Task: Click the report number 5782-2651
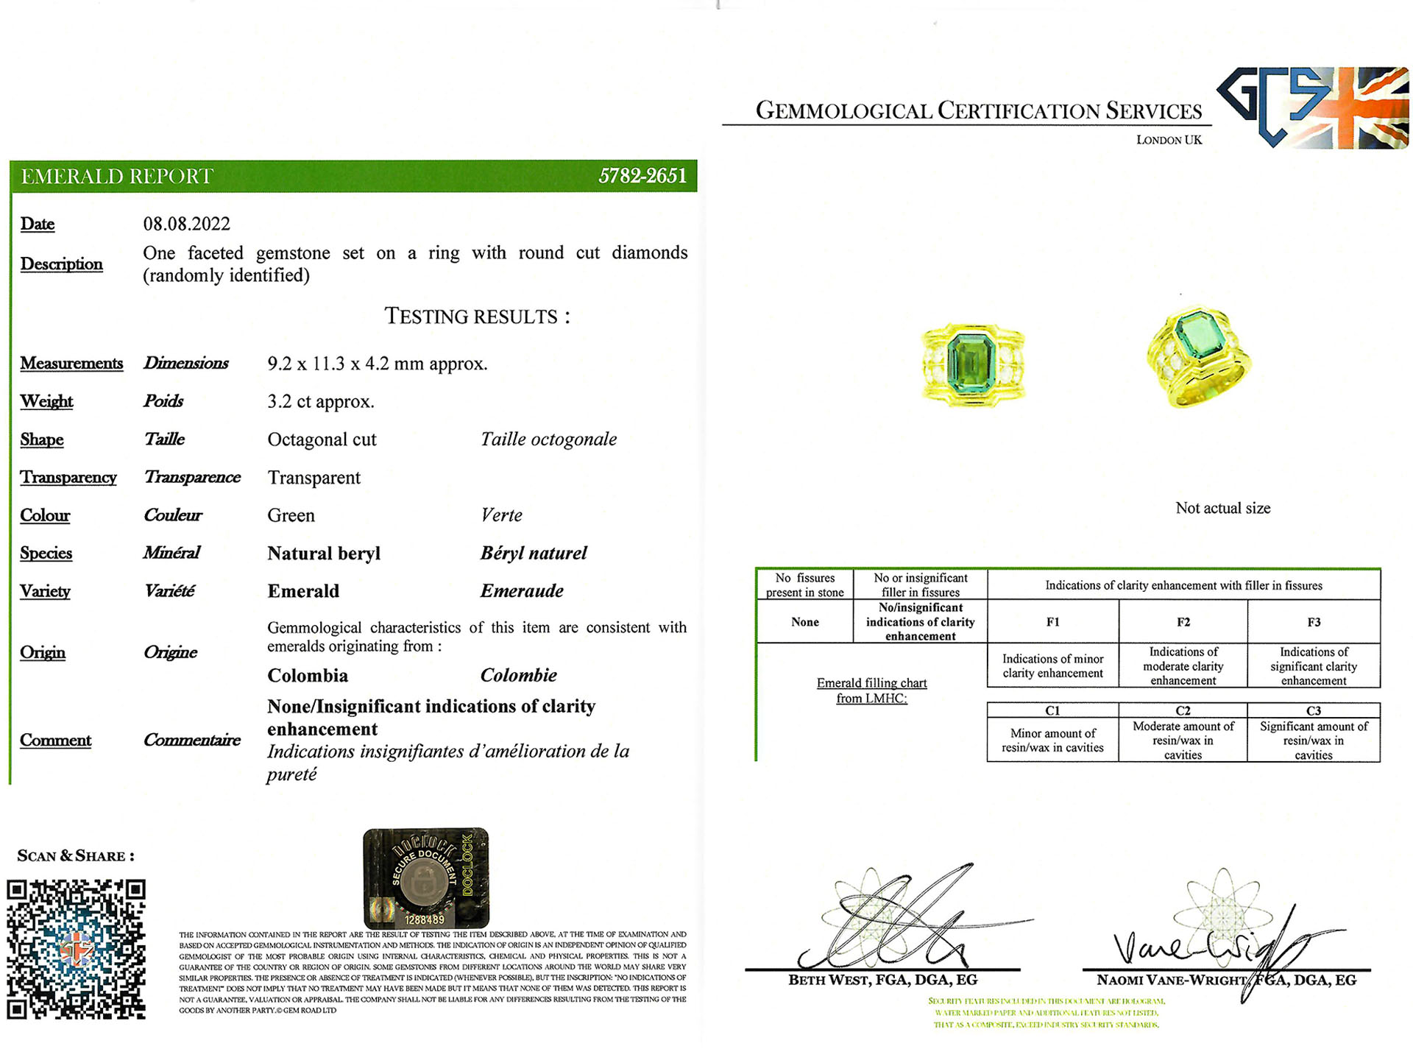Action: tap(642, 176)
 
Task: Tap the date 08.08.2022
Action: tap(186, 224)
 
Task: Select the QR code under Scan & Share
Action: tap(76, 949)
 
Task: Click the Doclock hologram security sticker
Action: tap(425, 878)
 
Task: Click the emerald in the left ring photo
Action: tap(971, 363)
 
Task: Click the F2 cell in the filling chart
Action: tap(1183, 622)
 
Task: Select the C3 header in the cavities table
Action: tap(1313, 710)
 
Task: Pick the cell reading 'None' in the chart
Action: tap(804, 622)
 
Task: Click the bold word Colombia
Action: tap(308, 676)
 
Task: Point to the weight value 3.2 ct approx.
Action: tap(321, 402)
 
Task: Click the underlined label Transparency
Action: tap(68, 478)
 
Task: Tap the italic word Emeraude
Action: tap(522, 591)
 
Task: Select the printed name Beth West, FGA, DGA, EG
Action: tap(882, 980)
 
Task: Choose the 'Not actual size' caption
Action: tap(1222, 508)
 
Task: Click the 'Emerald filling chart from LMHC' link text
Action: tap(871, 690)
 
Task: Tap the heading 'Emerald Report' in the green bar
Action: tap(117, 177)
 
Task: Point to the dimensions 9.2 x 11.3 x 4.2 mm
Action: tap(377, 364)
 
